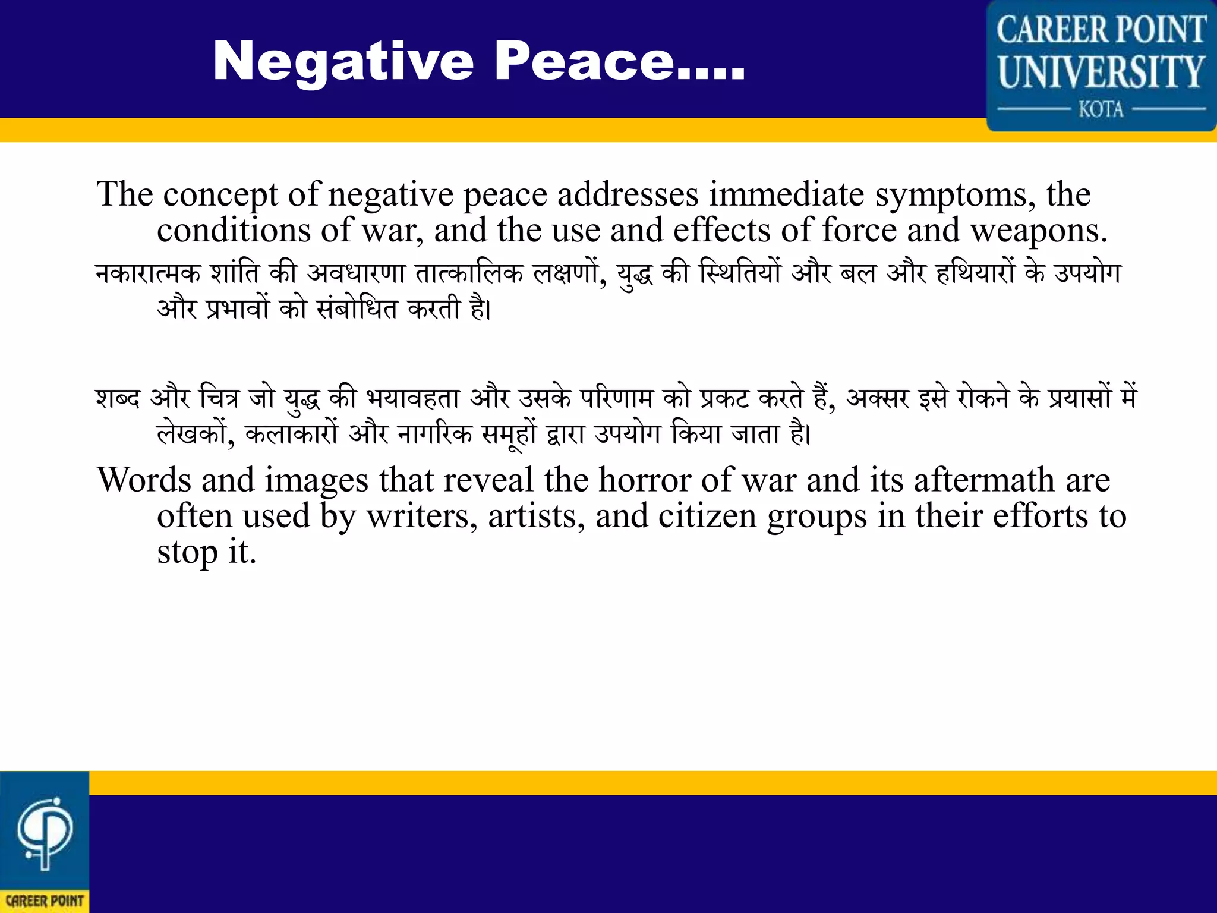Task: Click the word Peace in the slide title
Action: pos(583,62)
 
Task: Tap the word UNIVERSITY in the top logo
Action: pos(1101,72)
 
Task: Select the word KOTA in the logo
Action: pos(1101,109)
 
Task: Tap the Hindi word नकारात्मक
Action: pos(148,273)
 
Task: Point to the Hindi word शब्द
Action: pos(118,398)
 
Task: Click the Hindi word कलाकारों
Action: pos(291,434)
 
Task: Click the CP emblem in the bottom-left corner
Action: pos(45,832)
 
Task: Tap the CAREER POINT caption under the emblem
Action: pos(45,901)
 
